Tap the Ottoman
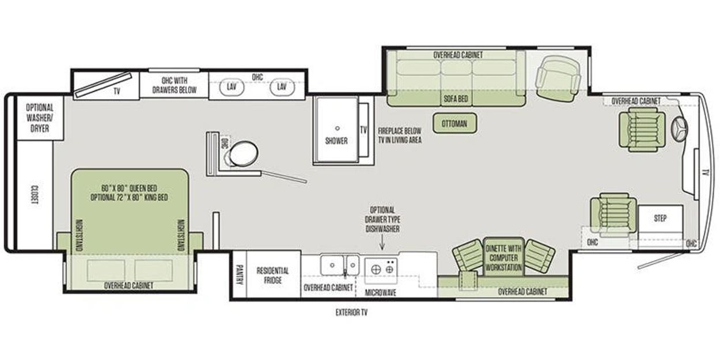tap(454, 123)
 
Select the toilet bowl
tap(244, 153)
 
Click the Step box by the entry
tap(660, 218)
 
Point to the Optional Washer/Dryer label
tap(40, 118)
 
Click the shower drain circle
tap(337, 128)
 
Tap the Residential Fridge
tap(273, 275)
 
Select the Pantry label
tap(239, 274)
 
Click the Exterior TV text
tap(351, 312)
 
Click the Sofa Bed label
tap(456, 98)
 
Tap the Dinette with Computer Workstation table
tap(503, 257)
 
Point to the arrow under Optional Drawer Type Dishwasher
tap(382, 242)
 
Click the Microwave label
tap(381, 293)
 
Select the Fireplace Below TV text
tap(400, 135)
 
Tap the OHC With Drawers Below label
tap(174, 85)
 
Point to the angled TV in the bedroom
tap(103, 85)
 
